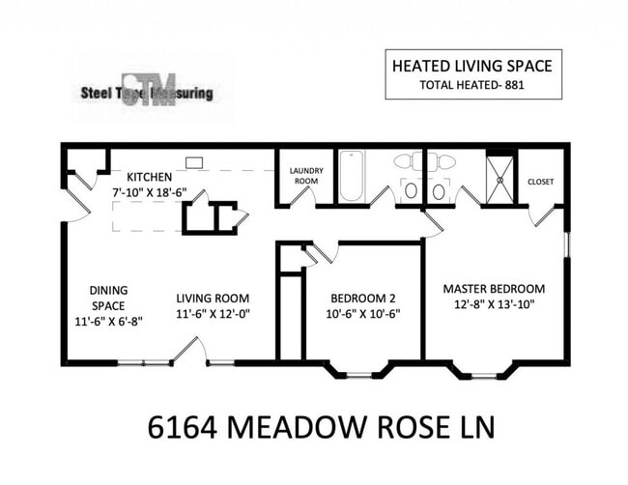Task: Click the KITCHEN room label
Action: (x=150, y=177)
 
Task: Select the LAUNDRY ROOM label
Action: (x=306, y=176)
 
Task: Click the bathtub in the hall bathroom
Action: (x=351, y=175)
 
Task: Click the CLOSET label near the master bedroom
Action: (x=541, y=181)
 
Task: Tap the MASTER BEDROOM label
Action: (x=494, y=288)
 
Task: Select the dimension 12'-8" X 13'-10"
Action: (x=494, y=304)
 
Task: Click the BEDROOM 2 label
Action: (x=362, y=298)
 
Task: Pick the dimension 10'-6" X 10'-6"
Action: (x=364, y=313)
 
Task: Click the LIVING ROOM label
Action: (x=213, y=298)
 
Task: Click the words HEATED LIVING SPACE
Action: (x=471, y=66)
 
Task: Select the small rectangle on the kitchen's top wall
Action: (x=193, y=162)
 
